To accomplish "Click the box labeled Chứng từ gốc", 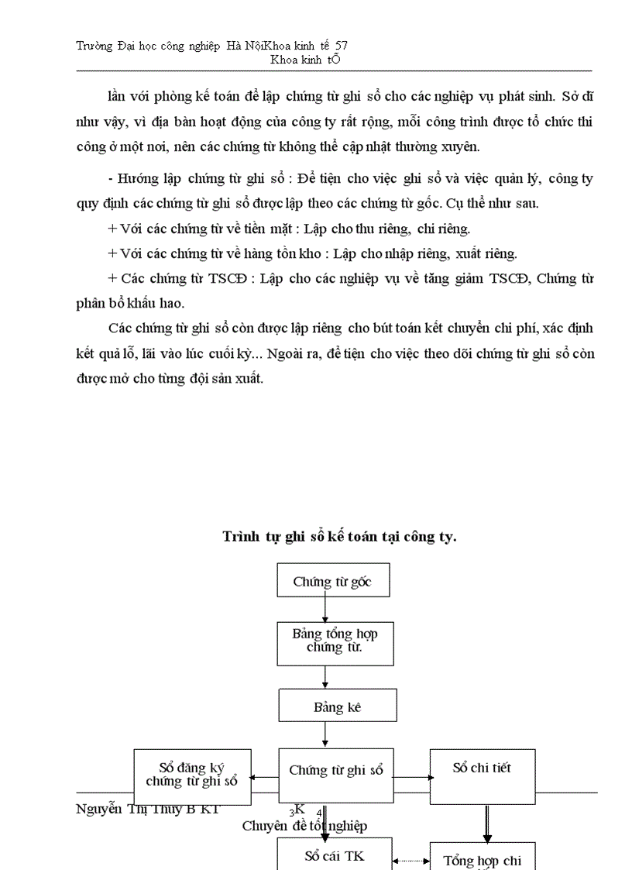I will pos(333,580).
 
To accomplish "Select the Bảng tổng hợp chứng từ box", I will pos(335,639).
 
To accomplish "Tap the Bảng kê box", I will pos(337,707).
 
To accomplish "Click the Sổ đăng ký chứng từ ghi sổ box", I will pos(192,775).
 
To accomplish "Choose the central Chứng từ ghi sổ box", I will pos(335,771).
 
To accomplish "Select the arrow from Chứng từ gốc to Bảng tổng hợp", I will pos(325,609).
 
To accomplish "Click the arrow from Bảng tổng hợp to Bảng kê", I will pos(325,677).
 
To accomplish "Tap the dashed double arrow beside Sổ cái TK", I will pos(410,860).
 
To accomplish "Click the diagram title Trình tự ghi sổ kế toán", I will pos(339,536).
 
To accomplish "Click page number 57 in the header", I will pos(342,46).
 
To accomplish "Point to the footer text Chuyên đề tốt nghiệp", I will pos(304,826).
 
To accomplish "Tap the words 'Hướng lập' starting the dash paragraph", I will pos(148,179).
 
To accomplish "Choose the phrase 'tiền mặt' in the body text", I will pos(263,229).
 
